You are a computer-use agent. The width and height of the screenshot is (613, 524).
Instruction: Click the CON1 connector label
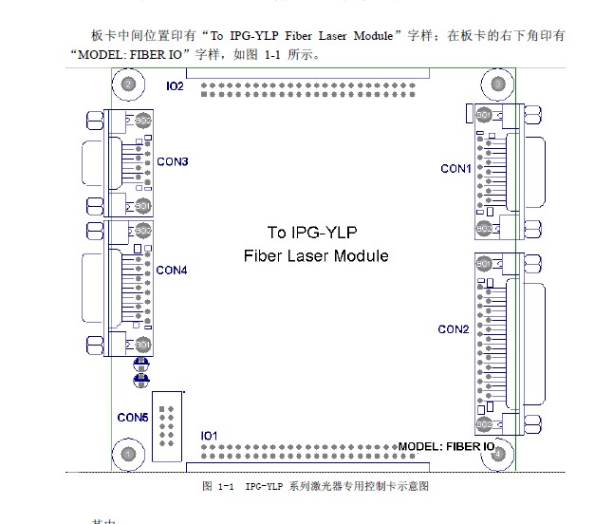click(455, 169)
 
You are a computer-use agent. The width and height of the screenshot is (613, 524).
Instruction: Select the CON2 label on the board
click(454, 330)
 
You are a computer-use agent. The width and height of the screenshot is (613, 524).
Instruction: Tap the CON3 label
click(173, 162)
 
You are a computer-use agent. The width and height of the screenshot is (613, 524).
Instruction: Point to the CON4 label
click(173, 271)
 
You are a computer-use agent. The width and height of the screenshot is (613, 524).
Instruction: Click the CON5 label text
click(133, 417)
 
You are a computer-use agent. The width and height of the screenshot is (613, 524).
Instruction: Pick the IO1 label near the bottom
click(210, 436)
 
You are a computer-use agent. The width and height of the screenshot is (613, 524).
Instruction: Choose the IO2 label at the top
click(176, 85)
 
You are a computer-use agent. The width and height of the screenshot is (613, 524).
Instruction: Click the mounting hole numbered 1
click(128, 455)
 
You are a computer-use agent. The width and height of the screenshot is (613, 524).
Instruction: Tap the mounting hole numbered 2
click(128, 84)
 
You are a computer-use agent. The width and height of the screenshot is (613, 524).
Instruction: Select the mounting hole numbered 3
click(499, 84)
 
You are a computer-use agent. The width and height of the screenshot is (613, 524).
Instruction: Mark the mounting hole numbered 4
click(499, 455)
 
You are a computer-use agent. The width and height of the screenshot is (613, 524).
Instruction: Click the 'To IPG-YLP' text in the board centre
click(315, 233)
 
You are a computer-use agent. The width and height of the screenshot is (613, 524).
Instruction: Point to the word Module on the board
click(359, 255)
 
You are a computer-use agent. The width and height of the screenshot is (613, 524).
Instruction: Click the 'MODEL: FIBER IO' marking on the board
click(446, 446)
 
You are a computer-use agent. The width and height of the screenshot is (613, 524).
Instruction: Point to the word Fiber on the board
click(263, 255)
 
